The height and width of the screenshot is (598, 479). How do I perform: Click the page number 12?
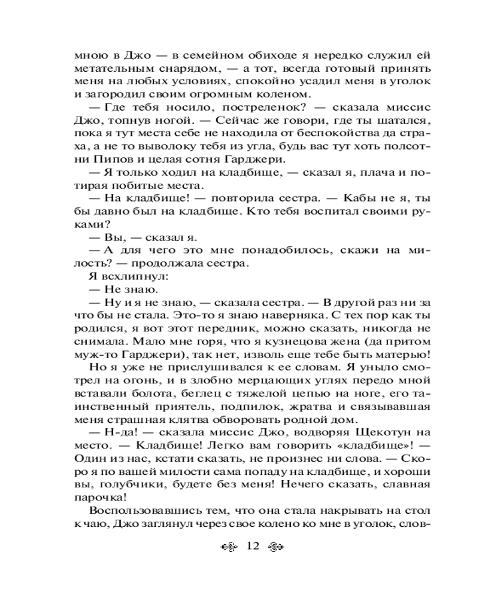[251, 545]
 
